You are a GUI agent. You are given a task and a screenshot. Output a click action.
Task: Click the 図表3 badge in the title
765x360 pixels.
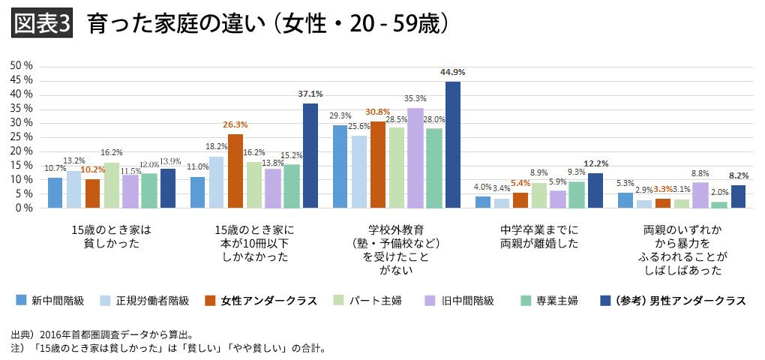tap(42, 25)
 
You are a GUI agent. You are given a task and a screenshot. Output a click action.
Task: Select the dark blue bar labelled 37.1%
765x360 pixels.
tap(310, 156)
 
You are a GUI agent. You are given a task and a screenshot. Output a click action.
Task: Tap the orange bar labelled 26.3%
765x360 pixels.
tap(235, 171)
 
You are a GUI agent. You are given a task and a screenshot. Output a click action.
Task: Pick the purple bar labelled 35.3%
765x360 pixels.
tap(415, 158)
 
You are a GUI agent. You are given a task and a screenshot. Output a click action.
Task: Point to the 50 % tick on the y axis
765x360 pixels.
tap(21, 66)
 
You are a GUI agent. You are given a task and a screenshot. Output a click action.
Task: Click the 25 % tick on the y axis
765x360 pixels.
tap(21, 137)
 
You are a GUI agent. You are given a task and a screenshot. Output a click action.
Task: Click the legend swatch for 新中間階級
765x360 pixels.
tap(21, 301)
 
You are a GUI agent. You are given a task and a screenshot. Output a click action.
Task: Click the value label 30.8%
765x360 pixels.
tap(377, 112)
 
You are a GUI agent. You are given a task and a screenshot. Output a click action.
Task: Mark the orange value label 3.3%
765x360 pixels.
tap(662, 190)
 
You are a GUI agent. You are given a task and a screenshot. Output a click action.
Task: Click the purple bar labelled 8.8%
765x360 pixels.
tap(700, 195)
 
